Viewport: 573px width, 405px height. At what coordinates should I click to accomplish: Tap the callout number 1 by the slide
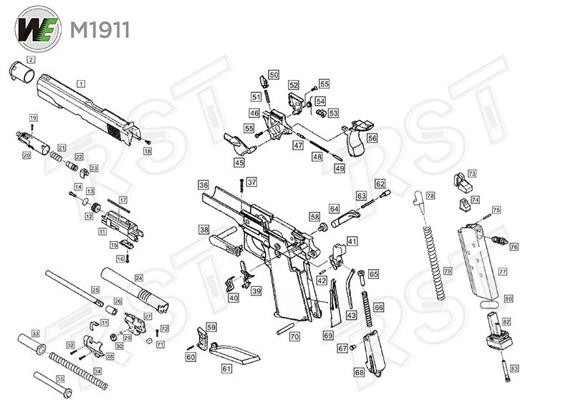[x=81, y=84]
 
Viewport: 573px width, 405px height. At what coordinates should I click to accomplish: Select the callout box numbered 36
[x=203, y=185]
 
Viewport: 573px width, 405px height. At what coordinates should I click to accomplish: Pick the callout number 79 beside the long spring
[x=448, y=272]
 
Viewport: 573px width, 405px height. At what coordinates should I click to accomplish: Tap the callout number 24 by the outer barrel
[x=139, y=278]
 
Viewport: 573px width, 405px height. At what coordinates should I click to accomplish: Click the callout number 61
[x=226, y=369]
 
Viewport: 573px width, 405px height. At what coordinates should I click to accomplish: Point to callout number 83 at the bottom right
[x=514, y=369]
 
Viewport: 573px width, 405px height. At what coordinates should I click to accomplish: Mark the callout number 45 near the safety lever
[x=239, y=162]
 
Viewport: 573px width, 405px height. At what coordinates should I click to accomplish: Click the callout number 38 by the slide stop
[x=204, y=230]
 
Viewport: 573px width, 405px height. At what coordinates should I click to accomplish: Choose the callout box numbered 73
[x=471, y=174]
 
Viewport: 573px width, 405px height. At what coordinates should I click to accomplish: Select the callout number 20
[x=27, y=155]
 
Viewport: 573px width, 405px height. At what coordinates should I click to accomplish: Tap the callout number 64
[x=334, y=208]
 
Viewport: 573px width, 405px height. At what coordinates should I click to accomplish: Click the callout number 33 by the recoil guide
[x=34, y=335]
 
